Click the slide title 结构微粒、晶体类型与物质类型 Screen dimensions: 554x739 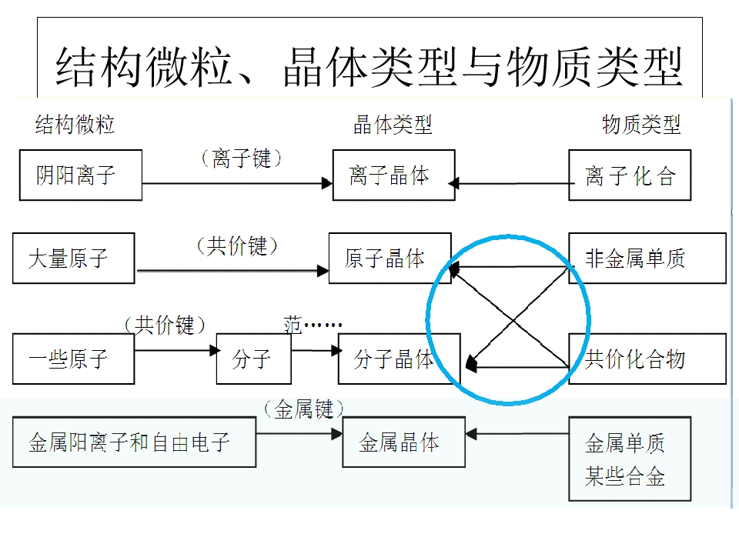pos(369,67)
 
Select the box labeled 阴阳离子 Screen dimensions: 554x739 pos(81,175)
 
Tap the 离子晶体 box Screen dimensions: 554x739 pos(393,175)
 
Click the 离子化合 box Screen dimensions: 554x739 pos(630,175)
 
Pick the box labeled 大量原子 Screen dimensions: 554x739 pos(73,259)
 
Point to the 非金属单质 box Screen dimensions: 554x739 pos(647,259)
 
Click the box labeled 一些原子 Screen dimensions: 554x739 pos(73,359)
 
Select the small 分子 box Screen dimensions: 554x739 pos(253,359)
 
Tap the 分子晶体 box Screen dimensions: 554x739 pos(399,359)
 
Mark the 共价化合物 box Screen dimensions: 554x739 pos(647,359)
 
